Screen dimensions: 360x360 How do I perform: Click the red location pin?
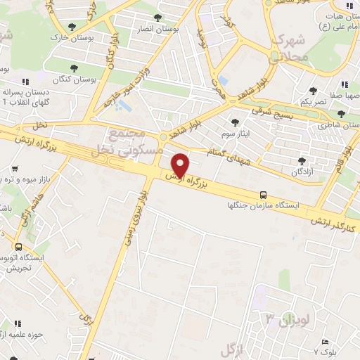[x=181, y=165]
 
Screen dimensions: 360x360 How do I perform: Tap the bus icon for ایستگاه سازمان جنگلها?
[x=263, y=194]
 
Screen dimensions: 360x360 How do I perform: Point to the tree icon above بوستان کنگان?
[x=73, y=67]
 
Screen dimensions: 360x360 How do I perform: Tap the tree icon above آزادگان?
[x=302, y=161]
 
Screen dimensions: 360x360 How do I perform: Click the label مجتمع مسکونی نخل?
[x=135, y=141]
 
